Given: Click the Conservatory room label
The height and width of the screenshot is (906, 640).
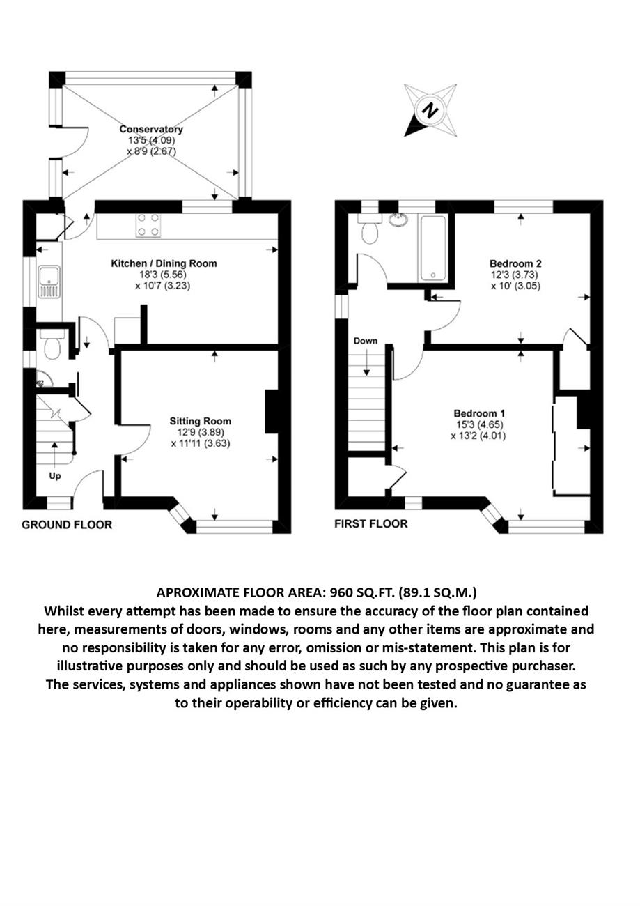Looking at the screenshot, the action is (x=152, y=130).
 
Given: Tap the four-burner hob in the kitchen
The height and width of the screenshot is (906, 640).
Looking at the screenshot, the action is (x=148, y=225).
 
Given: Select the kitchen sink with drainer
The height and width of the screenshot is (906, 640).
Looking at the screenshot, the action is (x=49, y=282).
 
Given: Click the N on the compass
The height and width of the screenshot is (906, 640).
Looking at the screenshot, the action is (x=430, y=110).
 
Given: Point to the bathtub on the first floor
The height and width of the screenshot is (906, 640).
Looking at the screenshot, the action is (x=433, y=248).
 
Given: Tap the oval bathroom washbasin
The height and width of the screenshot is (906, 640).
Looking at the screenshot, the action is (x=398, y=220).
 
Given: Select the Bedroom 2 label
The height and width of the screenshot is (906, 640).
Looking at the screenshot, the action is (x=515, y=263).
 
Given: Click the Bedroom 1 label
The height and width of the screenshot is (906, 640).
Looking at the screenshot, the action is (x=479, y=413).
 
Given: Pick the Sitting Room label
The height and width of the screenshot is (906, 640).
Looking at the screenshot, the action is (x=201, y=421).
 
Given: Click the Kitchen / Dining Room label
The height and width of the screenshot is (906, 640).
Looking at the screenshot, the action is (x=164, y=263).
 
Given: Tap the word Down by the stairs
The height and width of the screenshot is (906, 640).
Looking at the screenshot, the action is (x=366, y=341).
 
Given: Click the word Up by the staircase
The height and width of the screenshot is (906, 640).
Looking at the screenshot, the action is (x=55, y=476).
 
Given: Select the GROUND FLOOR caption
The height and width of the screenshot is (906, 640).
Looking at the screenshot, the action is (x=67, y=525).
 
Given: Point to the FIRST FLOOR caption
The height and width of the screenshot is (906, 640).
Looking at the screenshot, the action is (x=371, y=524).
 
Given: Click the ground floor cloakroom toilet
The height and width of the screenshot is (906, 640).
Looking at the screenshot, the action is (x=52, y=344).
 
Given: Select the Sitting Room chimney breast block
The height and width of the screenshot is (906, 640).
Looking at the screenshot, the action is (x=272, y=412).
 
